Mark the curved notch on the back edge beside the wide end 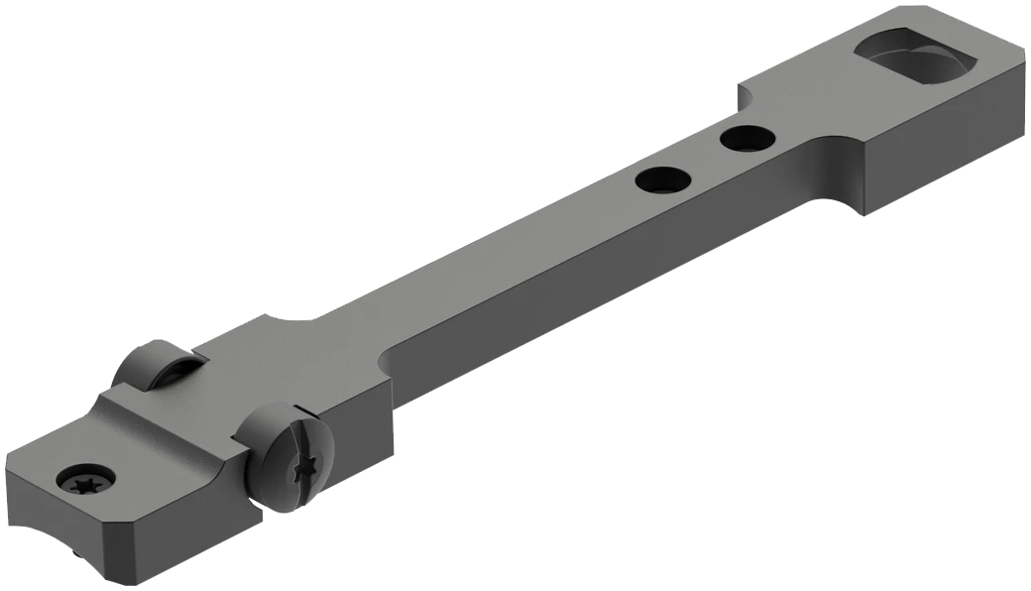pos(744,94)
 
